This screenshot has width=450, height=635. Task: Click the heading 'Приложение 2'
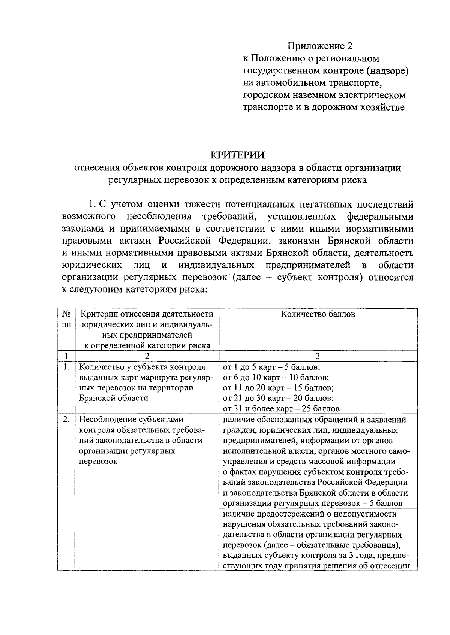pyautogui.click(x=320, y=46)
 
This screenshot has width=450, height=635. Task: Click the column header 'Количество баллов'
pyautogui.click(x=318, y=314)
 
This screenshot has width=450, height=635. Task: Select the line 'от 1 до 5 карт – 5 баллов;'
pyautogui.click(x=271, y=367)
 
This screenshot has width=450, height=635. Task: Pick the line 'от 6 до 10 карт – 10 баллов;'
pyautogui.click(x=276, y=377)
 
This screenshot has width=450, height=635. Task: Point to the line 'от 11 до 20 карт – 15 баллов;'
pyautogui.click(x=278, y=388)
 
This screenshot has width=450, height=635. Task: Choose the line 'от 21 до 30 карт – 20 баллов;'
pyautogui.click(x=278, y=398)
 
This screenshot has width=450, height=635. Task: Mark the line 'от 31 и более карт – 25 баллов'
pyautogui.click(x=281, y=409)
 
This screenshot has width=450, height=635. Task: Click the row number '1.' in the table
pyautogui.click(x=66, y=367)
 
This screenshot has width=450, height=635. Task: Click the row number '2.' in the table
pyautogui.click(x=66, y=420)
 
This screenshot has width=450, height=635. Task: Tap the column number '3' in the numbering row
pyautogui.click(x=318, y=356)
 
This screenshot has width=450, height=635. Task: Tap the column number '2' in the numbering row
pyautogui.click(x=147, y=356)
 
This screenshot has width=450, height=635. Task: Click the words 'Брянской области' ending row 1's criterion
pyautogui.click(x=114, y=398)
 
